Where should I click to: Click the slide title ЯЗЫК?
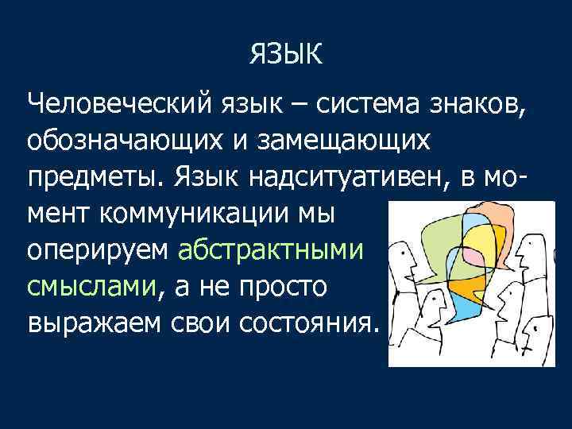[x=286, y=55]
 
